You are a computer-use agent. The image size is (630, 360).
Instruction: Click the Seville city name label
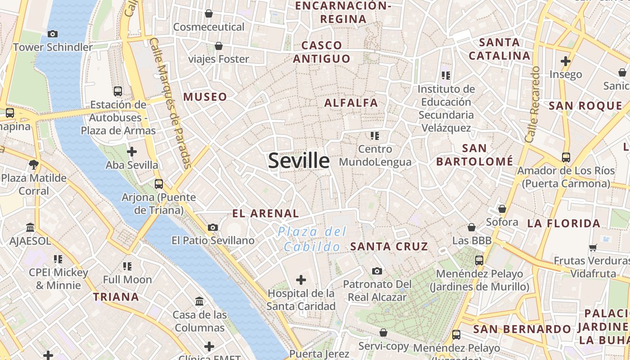[299, 161]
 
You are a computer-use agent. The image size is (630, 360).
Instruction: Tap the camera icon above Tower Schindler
[53, 34]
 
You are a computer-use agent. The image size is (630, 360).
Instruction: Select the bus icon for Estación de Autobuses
[118, 91]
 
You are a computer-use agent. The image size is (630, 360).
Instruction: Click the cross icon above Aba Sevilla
[132, 152]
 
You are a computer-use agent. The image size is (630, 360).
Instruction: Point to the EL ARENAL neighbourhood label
[265, 213]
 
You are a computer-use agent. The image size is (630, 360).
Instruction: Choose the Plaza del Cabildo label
[312, 239]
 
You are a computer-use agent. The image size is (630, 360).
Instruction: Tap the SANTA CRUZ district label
[389, 246]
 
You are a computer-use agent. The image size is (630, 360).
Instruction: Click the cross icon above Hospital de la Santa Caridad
[301, 280]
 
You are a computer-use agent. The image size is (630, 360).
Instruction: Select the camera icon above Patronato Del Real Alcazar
[377, 271]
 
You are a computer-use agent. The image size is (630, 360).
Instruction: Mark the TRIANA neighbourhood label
[116, 297]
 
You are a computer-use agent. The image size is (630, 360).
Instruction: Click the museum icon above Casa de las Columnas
[199, 301]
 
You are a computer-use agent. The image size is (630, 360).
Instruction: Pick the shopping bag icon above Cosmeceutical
[209, 13]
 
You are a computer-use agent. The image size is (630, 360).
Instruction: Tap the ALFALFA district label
[351, 103]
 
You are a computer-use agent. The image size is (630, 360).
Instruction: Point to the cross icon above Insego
[566, 61]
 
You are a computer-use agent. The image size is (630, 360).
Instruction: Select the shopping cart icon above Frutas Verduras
[593, 247]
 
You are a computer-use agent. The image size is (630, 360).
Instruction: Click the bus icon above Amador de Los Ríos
[566, 157]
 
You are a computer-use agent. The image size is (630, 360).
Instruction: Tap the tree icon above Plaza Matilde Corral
[34, 165]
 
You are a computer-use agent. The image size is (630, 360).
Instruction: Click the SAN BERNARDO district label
[522, 329]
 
